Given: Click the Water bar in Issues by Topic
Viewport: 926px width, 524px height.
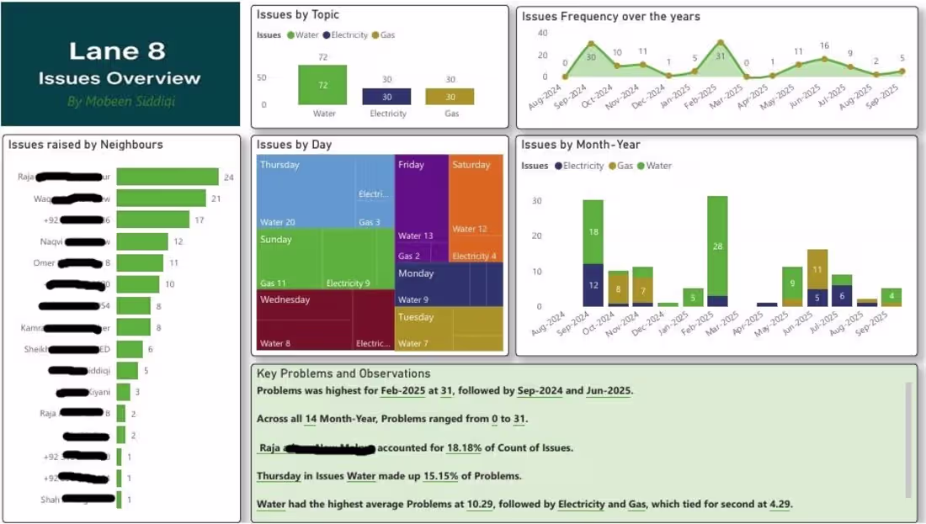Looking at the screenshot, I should click(x=322, y=85).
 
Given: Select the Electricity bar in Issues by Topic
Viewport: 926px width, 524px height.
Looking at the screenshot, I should click(x=386, y=97).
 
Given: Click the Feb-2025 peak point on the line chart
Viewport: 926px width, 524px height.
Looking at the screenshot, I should click(x=721, y=42).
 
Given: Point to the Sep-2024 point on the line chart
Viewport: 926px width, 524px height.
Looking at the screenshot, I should click(x=591, y=44).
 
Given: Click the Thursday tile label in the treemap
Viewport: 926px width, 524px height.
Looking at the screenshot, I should click(x=279, y=165).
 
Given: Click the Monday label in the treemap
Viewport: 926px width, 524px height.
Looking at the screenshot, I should click(x=416, y=273).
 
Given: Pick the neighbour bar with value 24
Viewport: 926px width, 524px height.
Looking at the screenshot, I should click(x=167, y=177).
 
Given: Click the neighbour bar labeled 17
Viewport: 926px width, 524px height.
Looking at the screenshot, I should click(x=152, y=220).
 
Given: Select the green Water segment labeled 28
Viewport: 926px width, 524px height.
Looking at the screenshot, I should click(x=717, y=246).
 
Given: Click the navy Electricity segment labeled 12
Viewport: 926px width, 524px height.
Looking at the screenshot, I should click(x=593, y=285).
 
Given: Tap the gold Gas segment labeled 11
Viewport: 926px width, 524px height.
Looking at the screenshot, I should click(x=817, y=269).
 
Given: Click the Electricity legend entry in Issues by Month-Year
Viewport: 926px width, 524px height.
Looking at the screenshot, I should click(x=581, y=166).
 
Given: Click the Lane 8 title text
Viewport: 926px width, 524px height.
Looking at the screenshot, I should click(x=118, y=50).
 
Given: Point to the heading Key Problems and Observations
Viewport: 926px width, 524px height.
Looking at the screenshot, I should click(x=343, y=373).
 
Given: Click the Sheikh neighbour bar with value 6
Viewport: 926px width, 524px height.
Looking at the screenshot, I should click(x=130, y=349).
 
